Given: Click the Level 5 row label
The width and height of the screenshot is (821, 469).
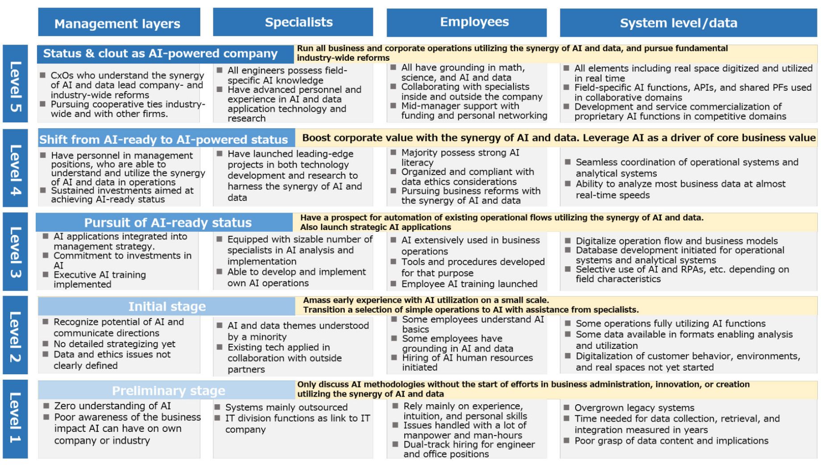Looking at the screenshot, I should tap(15, 84).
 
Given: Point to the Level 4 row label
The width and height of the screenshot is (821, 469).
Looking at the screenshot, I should tap(15, 168).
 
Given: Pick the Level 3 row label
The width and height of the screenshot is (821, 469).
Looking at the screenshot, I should tap(15, 251).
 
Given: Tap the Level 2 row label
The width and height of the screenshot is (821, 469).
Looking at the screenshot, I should tap(15, 335).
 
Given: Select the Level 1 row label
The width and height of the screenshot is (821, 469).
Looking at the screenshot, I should tap(15, 419).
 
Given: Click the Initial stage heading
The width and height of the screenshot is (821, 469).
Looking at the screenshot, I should tap(167, 306).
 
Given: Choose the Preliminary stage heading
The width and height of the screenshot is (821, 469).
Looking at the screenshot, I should tap(168, 391).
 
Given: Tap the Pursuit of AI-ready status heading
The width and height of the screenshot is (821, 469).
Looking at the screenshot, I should tap(168, 222).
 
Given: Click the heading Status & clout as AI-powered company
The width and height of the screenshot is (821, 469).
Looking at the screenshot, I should tap(160, 54).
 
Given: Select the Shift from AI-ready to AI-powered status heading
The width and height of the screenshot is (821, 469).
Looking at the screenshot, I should tap(163, 139).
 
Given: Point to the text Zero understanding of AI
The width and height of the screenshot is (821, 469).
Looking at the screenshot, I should tap(112, 406).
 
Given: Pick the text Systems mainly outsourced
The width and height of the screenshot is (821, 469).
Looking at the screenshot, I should tap(286, 407).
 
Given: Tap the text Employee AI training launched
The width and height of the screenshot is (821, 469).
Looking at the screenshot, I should tap(469, 284).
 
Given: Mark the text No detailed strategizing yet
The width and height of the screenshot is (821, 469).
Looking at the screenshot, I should tap(114, 344).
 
